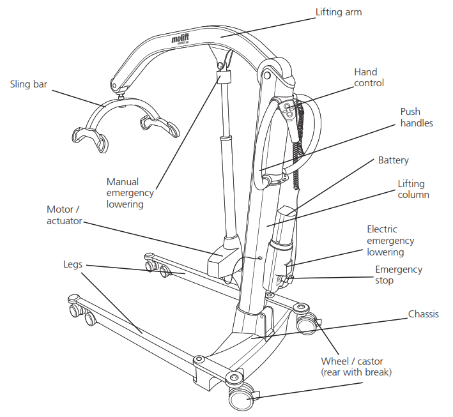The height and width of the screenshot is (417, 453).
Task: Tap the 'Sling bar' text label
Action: coord(29,84)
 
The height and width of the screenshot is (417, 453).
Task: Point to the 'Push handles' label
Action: coord(417,117)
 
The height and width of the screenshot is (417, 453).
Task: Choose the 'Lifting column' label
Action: coord(413,189)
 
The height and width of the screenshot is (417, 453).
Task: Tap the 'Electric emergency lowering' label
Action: coord(390,240)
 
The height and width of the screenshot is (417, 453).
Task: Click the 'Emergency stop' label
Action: coord(398,275)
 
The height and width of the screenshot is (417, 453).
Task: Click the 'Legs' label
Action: coord(72,264)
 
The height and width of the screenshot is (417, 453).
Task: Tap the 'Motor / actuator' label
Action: coord(64,215)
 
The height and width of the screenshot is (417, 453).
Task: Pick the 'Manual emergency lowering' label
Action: coord(130,193)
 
